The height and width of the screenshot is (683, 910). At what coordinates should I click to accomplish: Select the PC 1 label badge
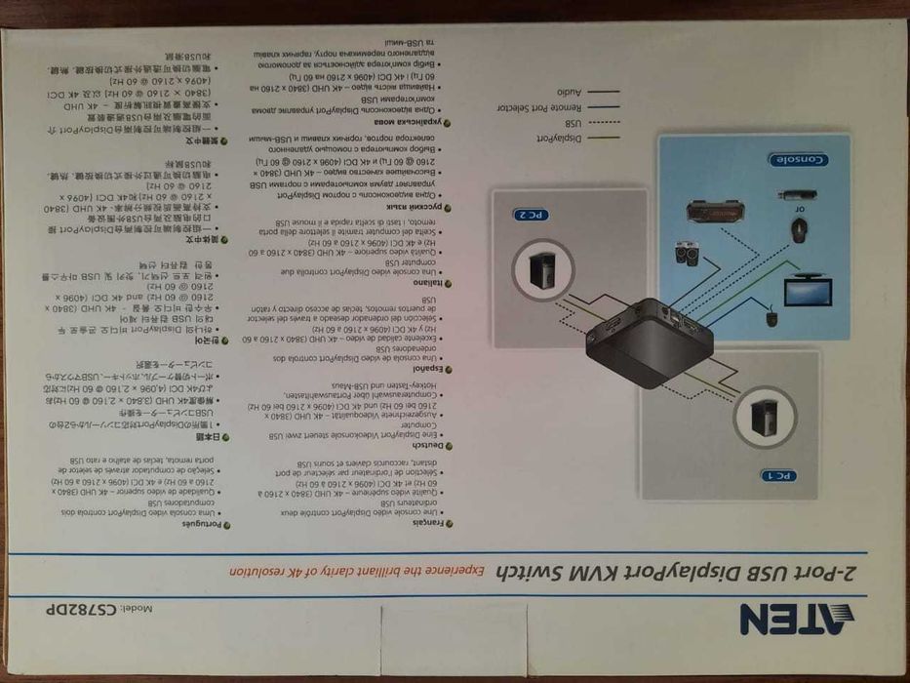pos(780,475)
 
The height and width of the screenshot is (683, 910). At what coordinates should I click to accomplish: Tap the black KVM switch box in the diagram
pos(650,336)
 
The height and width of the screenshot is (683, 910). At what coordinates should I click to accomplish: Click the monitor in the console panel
pos(809,289)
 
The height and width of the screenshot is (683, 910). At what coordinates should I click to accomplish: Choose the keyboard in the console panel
pos(711,211)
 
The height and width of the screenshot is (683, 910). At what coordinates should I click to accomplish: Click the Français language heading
pos(431,523)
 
